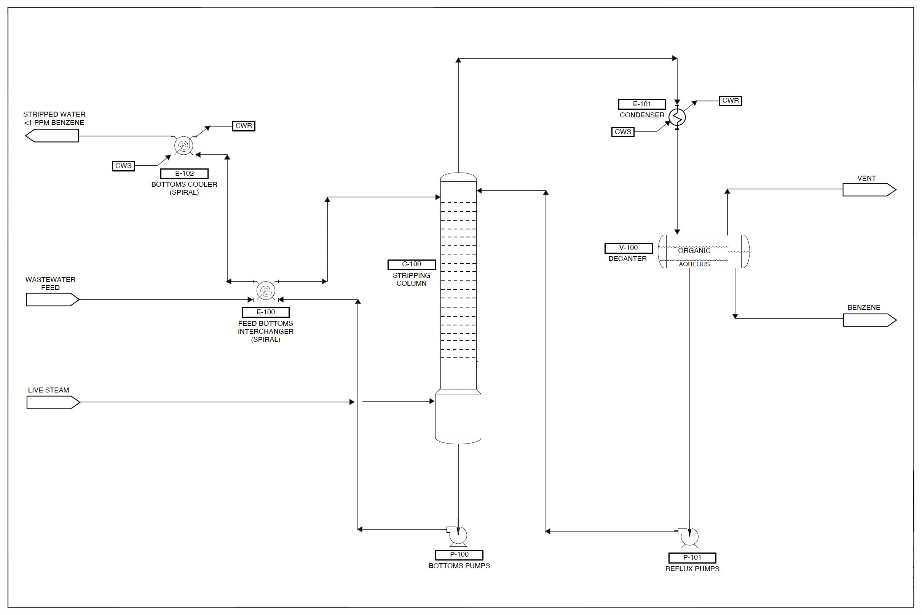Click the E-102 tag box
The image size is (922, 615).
click(184, 173)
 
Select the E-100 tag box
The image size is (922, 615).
click(266, 312)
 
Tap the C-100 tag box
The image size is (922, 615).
click(412, 264)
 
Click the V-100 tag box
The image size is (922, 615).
click(628, 248)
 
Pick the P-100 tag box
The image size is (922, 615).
click(459, 554)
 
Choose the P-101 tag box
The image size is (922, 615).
click(692, 558)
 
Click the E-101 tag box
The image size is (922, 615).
click(642, 104)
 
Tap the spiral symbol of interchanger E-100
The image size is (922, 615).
click(265, 291)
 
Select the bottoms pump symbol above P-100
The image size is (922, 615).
click(458, 536)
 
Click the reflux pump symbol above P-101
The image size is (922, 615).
click(689, 537)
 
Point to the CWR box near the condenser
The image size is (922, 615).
click(731, 101)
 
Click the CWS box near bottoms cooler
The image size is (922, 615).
click(123, 166)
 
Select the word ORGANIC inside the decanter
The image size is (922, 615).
click(694, 251)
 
